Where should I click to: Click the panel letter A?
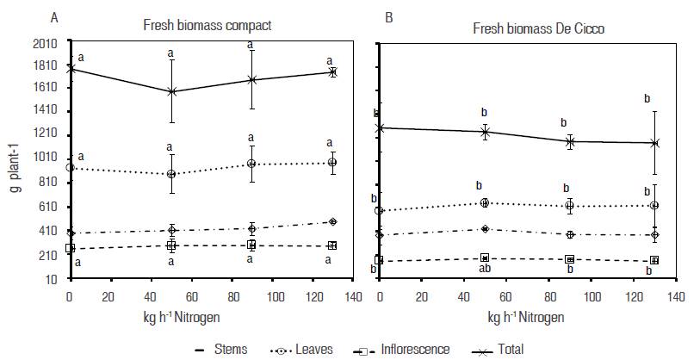point(55,16)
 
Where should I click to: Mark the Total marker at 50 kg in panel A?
point(172,91)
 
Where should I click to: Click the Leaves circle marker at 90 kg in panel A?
point(251,164)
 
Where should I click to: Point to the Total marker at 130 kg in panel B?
point(654,143)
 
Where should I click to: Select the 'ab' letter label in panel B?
point(485,270)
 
